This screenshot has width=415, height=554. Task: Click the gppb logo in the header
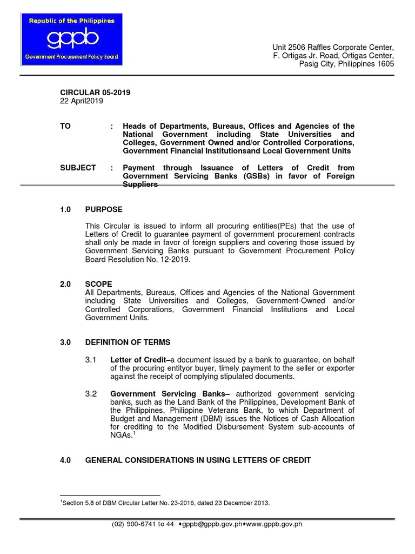(x=71, y=39)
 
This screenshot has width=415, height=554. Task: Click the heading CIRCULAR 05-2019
(x=95, y=93)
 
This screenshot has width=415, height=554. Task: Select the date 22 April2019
(x=81, y=101)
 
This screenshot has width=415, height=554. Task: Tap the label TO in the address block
(x=65, y=126)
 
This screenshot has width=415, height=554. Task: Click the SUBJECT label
(x=78, y=168)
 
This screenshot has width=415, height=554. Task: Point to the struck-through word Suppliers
(x=140, y=184)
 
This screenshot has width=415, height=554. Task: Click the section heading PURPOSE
(x=104, y=209)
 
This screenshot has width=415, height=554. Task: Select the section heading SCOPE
(x=98, y=284)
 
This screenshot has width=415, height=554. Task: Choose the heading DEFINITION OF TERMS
(x=128, y=342)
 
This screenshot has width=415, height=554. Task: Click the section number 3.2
(x=91, y=393)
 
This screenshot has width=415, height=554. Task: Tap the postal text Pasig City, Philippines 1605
(x=347, y=64)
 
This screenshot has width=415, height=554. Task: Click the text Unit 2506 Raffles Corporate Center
(x=333, y=47)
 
